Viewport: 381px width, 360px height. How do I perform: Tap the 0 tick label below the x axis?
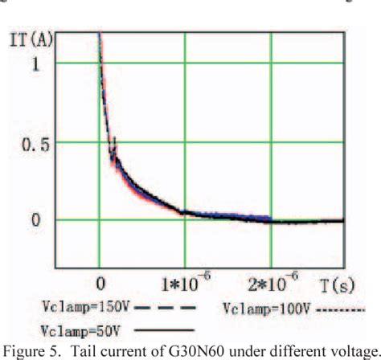pos(100,283)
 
